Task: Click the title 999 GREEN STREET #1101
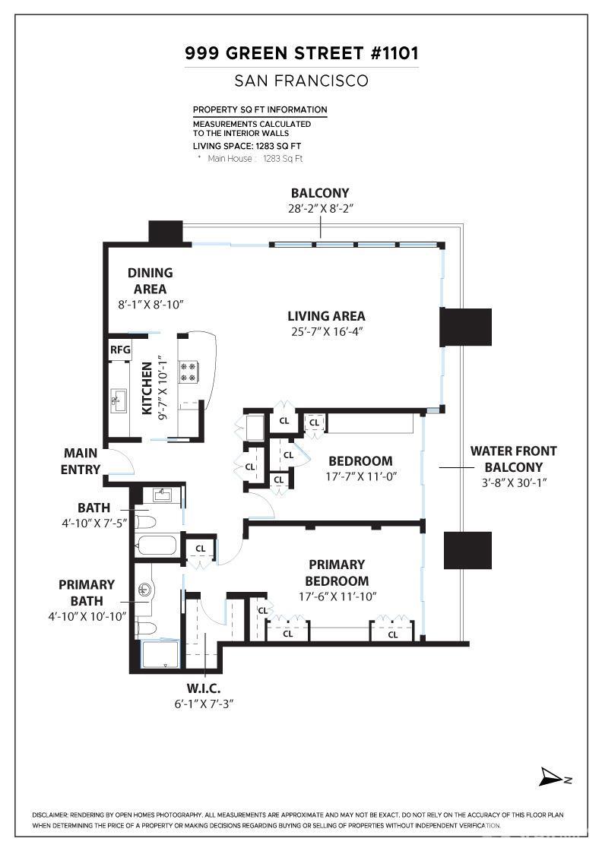point(301,54)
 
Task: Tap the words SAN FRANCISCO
point(301,81)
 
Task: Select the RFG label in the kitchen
point(120,350)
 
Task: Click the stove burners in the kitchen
point(188,372)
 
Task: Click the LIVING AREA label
point(326,316)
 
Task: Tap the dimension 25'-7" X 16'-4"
point(326,331)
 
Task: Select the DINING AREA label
point(150,280)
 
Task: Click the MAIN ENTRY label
point(81,461)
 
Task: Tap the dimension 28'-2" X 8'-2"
point(320,208)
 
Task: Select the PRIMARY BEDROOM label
point(337,573)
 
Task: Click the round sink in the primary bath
point(145,589)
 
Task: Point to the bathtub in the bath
point(157,546)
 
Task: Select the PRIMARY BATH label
point(87,593)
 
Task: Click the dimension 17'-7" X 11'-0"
point(360,476)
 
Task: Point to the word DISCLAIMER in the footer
point(50,815)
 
